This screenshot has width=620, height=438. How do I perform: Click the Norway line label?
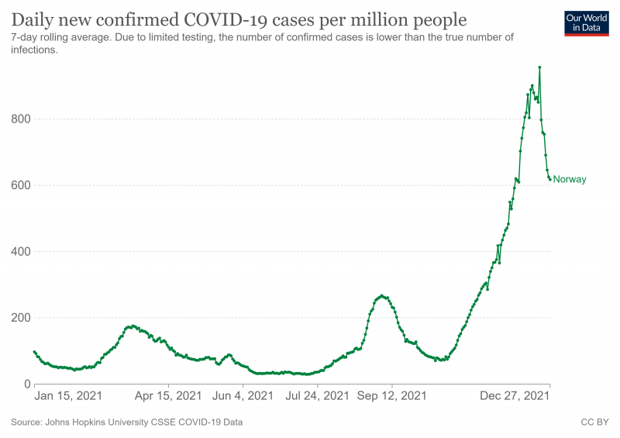pyautogui.click(x=570, y=180)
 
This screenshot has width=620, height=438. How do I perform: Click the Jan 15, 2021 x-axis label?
pyautogui.click(x=68, y=396)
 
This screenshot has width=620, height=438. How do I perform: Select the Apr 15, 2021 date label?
pyautogui.click(x=169, y=396)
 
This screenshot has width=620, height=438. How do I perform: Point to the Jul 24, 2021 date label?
pyautogui.click(x=316, y=396)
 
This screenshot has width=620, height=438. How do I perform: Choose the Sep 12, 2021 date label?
pyautogui.click(x=392, y=396)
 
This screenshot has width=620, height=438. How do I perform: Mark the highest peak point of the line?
pyautogui.click(x=539, y=67)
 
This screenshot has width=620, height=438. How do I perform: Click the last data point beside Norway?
pyautogui.click(x=550, y=180)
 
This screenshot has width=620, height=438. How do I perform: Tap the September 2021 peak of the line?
pyautogui.click(x=381, y=295)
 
